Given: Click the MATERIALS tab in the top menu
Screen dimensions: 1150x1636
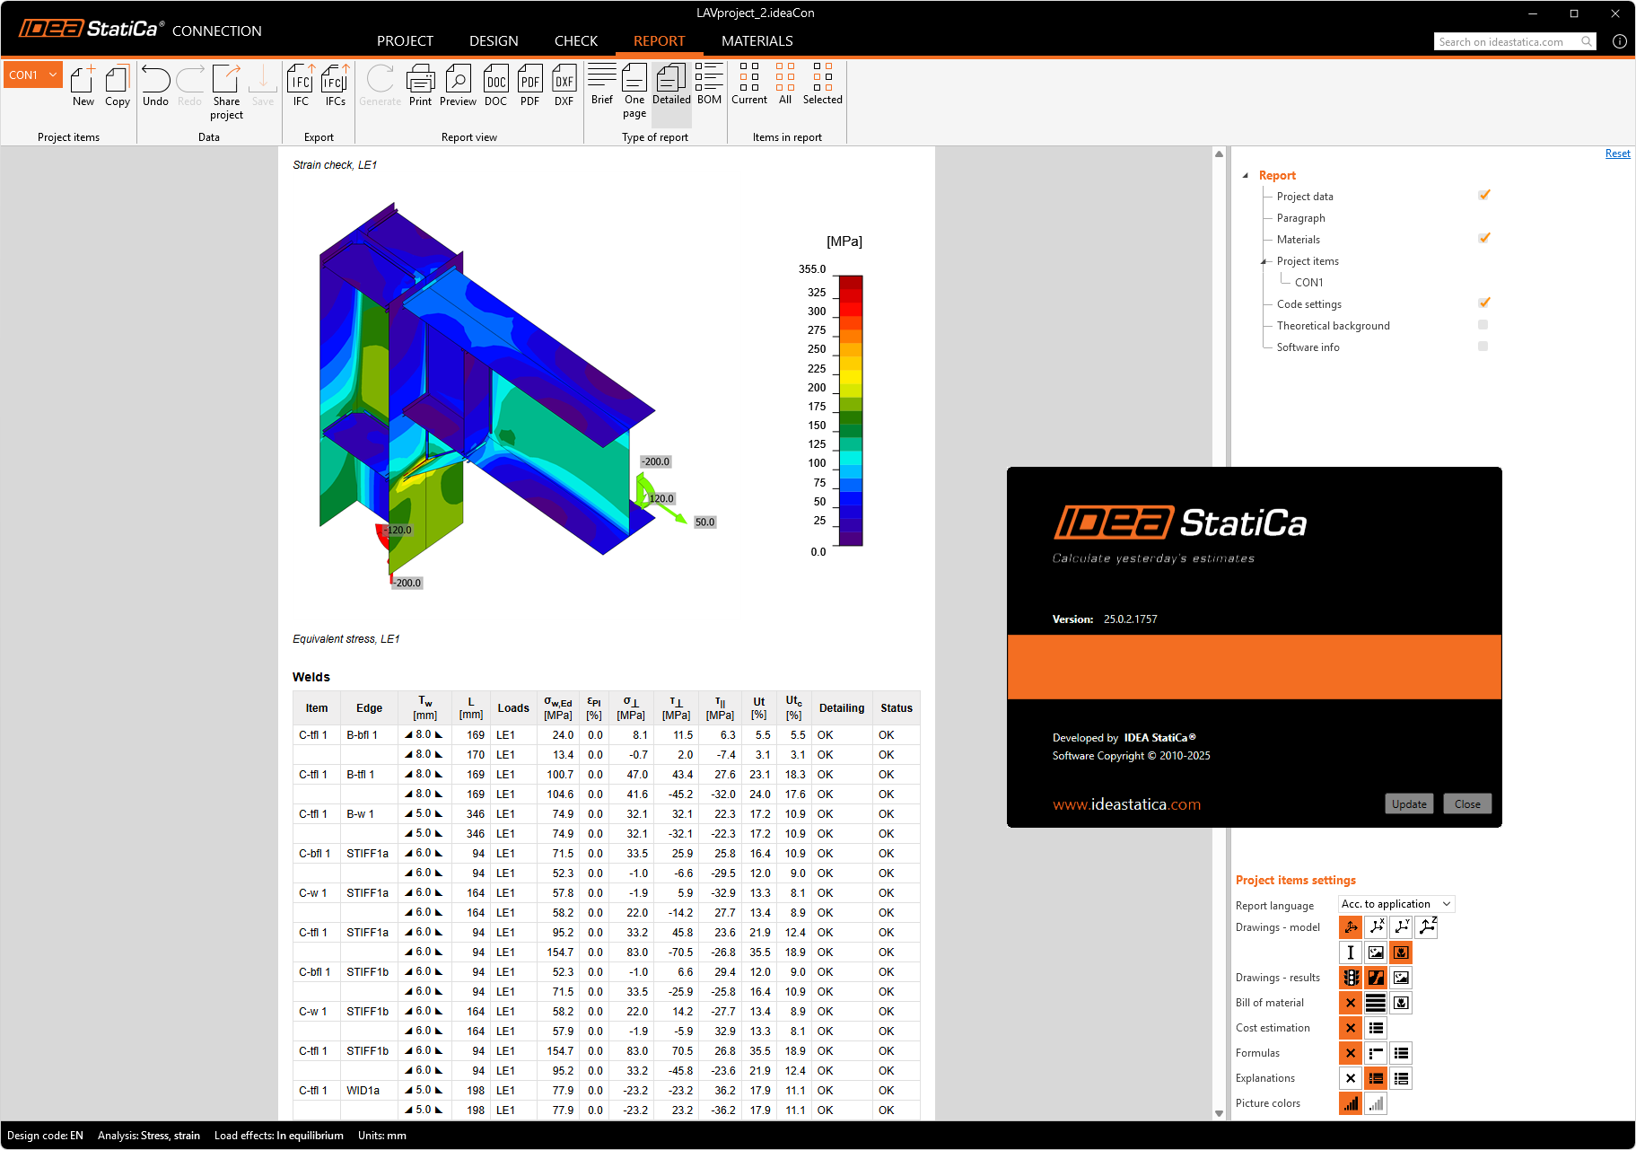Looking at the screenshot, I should tap(757, 41).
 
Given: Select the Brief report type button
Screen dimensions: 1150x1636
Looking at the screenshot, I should tap(602, 84).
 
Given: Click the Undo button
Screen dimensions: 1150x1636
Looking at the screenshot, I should tap(155, 85).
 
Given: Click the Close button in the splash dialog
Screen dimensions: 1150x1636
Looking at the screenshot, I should tap(1467, 803).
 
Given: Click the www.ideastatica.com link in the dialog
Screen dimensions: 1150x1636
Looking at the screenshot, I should tap(1126, 804).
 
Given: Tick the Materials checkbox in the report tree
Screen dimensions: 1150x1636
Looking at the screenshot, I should tap(1484, 239).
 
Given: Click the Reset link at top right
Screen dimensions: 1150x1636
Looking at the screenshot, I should tap(1617, 154).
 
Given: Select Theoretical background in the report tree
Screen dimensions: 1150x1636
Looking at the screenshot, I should tap(1333, 326).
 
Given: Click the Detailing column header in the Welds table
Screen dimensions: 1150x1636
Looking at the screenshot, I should tap(841, 708).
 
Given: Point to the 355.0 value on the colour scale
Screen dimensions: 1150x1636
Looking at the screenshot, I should tap(812, 269).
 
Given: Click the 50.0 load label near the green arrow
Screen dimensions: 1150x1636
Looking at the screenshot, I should tap(705, 522).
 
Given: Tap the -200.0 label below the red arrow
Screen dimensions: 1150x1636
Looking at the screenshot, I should tap(407, 583).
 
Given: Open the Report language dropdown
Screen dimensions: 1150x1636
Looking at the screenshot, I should tap(1395, 904).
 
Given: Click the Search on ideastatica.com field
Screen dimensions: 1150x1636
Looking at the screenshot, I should tap(1508, 41).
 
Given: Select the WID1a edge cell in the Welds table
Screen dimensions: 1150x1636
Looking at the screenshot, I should tap(363, 1090).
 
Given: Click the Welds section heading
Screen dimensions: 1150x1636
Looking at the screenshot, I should tap(311, 677).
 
